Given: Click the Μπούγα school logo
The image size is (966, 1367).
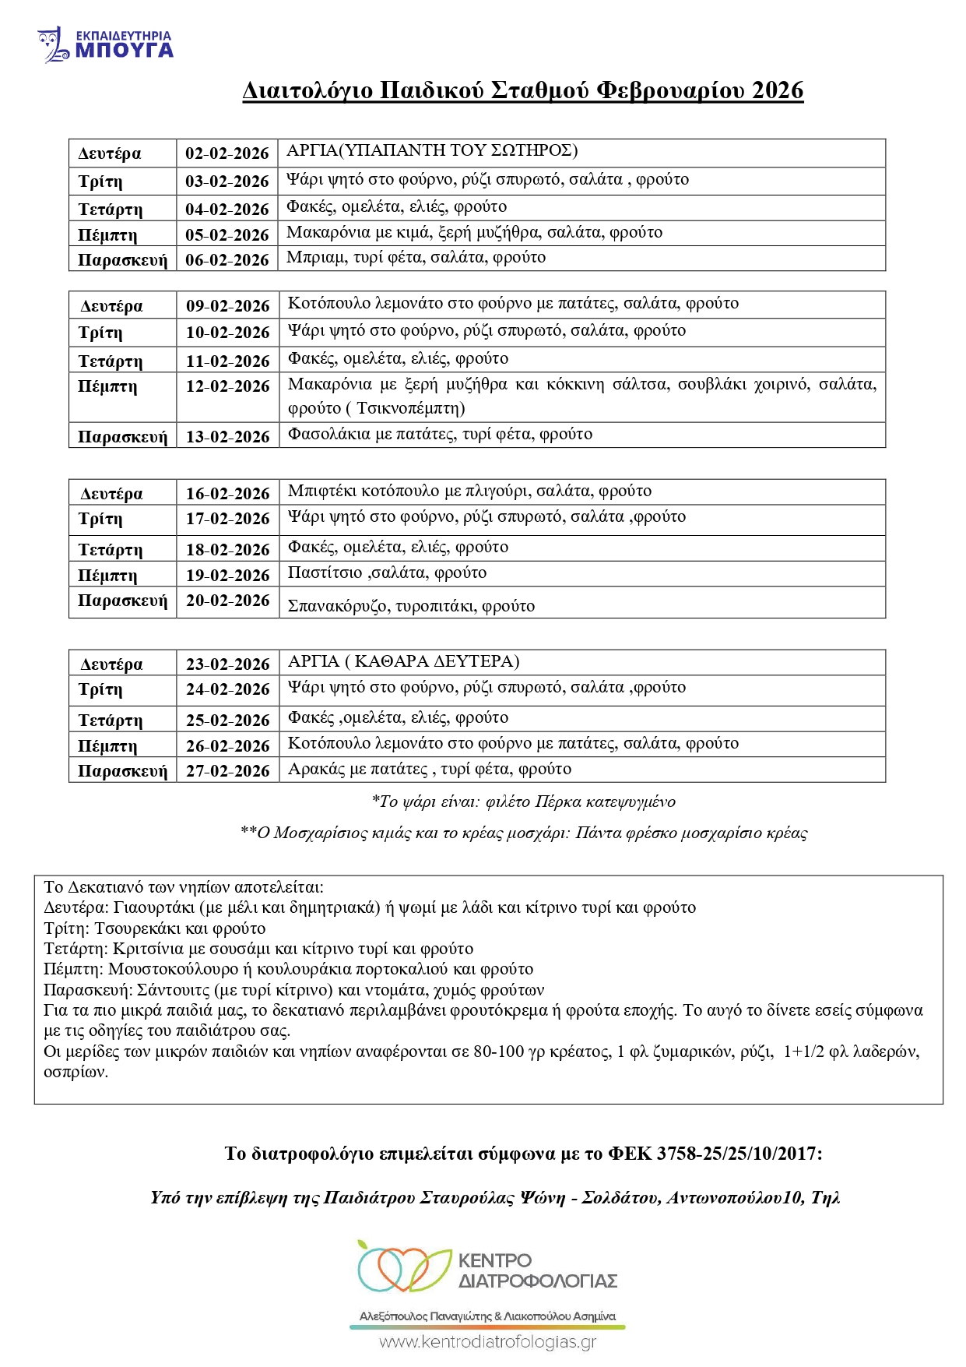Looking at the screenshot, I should [x=105, y=44].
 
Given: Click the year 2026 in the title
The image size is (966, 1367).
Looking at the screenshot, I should [x=778, y=90].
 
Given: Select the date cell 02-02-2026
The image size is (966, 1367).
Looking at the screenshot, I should [x=227, y=153].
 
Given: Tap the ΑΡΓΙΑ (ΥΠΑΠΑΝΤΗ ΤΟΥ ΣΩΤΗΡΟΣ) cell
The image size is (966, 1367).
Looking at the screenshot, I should [x=432, y=150].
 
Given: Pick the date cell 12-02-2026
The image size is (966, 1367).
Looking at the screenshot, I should [x=227, y=386].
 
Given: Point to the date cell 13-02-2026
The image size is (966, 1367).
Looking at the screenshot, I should [x=227, y=436].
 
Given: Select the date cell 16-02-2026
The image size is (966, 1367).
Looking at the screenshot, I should [x=227, y=493].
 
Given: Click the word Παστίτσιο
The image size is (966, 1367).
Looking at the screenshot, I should [x=325, y=573].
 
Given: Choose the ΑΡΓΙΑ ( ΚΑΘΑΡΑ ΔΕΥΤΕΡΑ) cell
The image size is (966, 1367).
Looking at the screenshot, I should [x=403, y=661].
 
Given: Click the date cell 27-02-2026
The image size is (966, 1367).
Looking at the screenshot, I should [x=227, y=770].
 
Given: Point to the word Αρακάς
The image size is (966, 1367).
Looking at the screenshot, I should [x=316, y=769].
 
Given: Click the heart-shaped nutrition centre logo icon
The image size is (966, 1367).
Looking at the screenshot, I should [x=404, y=1267].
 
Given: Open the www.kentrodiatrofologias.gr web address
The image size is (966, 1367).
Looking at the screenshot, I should [x=488, y=1342].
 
